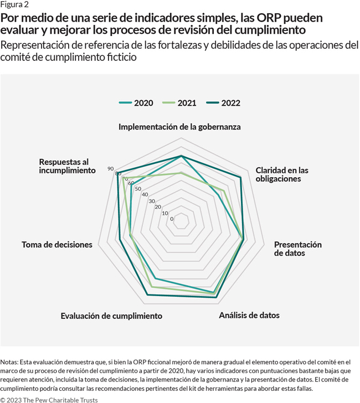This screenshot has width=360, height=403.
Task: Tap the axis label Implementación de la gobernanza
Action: coord(179,127)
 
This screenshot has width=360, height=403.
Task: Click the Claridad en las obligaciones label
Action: coord(282,174)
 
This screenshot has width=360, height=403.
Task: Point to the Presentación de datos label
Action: coord(297,249)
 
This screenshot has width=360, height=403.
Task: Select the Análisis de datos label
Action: coord(249,315)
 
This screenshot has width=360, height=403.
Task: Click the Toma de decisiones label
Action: coord(57,244)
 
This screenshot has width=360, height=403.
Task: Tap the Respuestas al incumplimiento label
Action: coord(66,166)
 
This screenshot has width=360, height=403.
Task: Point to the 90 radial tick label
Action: coord(110,169)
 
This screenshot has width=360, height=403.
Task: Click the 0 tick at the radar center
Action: coord(172,219)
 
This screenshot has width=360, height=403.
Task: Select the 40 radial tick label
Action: coord(145,194)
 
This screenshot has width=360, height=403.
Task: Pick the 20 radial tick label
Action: coord(158,207)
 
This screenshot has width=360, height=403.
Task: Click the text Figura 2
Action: coord(15,4)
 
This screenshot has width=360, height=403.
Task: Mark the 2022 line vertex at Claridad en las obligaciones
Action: coord(240,178)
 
